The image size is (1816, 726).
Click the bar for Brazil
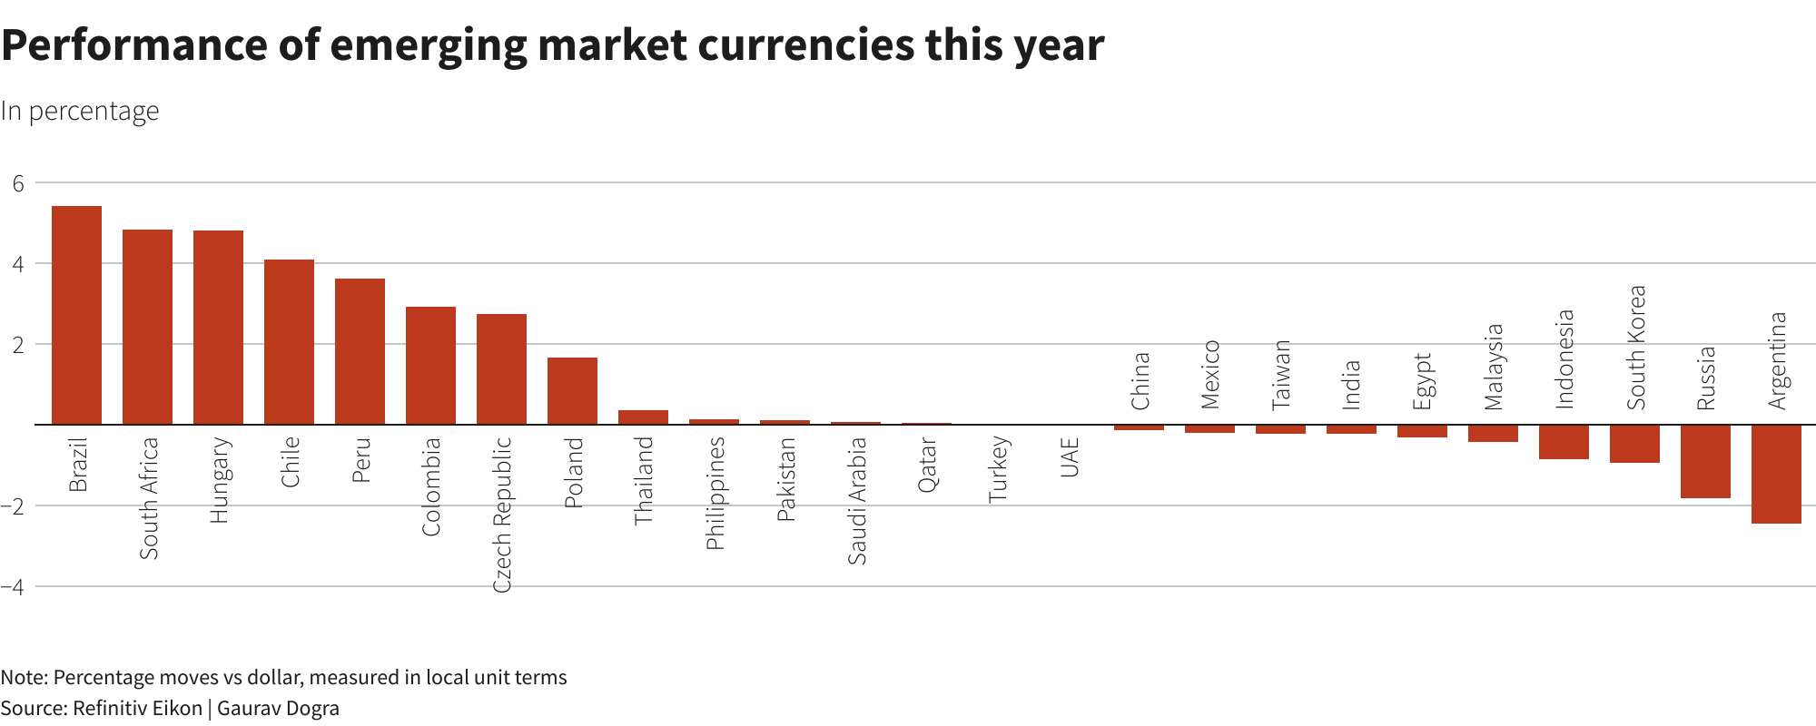tap(76, 315)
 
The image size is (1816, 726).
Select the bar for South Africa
tap(147, 327)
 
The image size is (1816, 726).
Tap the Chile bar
tap(289, 342)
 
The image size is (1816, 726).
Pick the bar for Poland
tap(572, 391)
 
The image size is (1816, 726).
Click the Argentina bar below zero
tap(1776, 474)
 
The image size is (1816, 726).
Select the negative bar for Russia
tap(1705, 461)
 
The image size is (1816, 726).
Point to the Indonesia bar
tap(1564, 442)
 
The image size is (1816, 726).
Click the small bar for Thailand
tap(643, 417)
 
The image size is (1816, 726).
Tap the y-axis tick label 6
tap(18, 183)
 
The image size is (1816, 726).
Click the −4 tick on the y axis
tap(13, 586)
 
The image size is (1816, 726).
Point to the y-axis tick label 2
tap(18, 345)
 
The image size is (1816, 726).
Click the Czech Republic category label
tap(502, 515)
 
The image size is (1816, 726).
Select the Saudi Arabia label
tap(856, 500)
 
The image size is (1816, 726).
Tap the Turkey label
tap(998, 468)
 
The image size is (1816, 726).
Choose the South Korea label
tap(1635, 348)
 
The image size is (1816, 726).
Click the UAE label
tap(1069, 457)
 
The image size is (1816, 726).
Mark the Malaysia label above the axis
tap(1494, 367)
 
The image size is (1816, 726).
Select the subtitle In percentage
tap(80, 111)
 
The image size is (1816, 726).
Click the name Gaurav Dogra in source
tap(278, 708)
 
